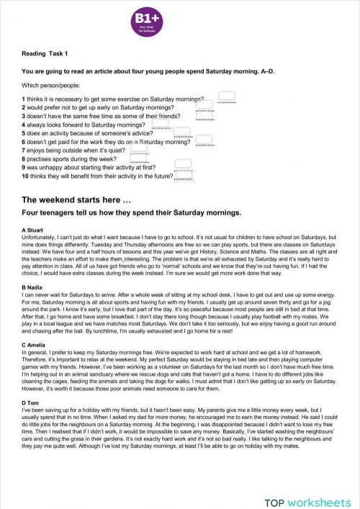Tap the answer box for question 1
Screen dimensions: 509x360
pos(227,96)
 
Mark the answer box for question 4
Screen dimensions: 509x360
pos(161,124)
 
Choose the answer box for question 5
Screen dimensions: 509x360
pos(182,132)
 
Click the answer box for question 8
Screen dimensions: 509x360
pos(139,158)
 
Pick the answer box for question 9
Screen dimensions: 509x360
pos(184,165)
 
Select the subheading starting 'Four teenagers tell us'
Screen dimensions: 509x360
pos(132,213)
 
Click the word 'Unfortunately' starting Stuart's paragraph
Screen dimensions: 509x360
pos(41,236)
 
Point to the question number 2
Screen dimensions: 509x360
pos(24,107)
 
